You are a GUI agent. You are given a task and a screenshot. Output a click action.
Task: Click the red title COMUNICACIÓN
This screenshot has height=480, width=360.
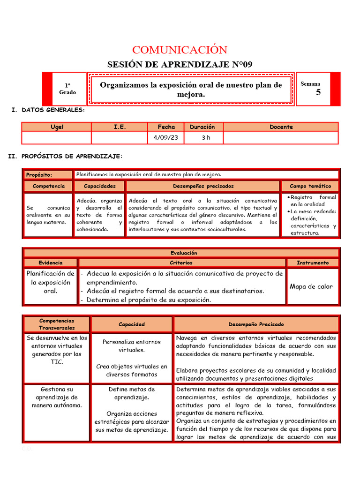[x=180, y=50]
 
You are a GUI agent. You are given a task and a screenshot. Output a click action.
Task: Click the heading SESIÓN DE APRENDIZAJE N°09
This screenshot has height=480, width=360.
[x=180, y=65]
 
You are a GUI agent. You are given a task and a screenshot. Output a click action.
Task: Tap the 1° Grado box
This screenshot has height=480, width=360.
[x=67, y=89]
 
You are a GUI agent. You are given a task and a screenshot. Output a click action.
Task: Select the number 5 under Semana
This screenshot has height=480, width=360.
[x=318, y=92]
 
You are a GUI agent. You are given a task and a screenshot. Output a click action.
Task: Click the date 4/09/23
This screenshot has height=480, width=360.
[x=166, y=137]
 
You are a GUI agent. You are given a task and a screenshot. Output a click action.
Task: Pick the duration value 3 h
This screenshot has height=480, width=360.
[x=202, y=137]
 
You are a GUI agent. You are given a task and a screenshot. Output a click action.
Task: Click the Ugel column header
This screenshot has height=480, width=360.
[x=56, y=127]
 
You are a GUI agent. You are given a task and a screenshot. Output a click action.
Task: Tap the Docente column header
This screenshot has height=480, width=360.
[x=281, y=127]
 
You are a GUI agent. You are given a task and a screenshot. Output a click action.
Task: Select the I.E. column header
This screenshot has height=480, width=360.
[x=120, y=127]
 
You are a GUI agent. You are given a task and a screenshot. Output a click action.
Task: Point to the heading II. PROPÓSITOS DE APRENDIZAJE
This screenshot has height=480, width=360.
[x=66, y=156]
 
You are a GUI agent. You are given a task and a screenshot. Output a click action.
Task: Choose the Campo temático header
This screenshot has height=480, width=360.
[x=310, y=186]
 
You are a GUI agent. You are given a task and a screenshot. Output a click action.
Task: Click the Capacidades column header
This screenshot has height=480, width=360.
[x=99, y=186]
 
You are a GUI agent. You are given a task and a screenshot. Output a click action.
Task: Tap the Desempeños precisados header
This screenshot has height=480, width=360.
[x=203, y=186]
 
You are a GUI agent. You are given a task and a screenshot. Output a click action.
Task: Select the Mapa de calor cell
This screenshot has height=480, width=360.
[x=311, y=286]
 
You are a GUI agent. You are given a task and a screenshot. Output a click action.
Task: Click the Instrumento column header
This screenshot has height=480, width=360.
[x=313, y=263]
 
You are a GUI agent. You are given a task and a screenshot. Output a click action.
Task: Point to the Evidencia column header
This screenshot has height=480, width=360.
[x=51, y=263]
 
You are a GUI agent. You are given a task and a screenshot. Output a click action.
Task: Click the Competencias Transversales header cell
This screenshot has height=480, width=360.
[x=57, y=324]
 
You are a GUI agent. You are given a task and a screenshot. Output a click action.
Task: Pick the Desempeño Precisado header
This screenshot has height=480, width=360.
[x=256, y=324]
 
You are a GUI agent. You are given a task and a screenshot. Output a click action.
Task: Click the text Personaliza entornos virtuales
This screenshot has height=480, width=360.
[x=131, y=346]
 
